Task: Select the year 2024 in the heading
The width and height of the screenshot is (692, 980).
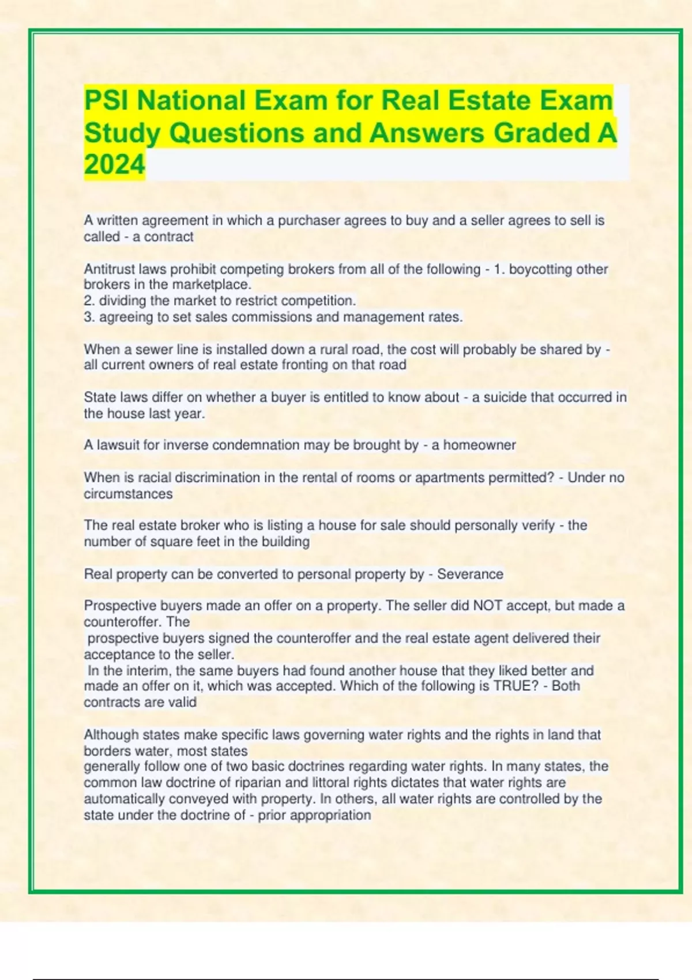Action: [x=114, y=165]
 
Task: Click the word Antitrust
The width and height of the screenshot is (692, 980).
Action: [x=109, y=269]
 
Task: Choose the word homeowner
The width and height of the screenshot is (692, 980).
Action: [x=479, y=445]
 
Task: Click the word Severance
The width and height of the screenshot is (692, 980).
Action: [x=470, y=574]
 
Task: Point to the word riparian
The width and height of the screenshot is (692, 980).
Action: [x=257, y=783]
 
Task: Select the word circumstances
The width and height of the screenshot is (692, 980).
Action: [x=128, y=494]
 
